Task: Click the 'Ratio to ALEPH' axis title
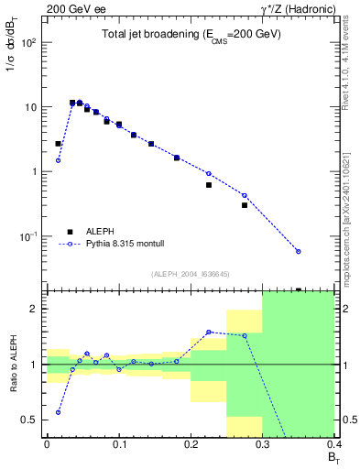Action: [x=15, y=363]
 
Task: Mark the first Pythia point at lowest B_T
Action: [x=58, y=160]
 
